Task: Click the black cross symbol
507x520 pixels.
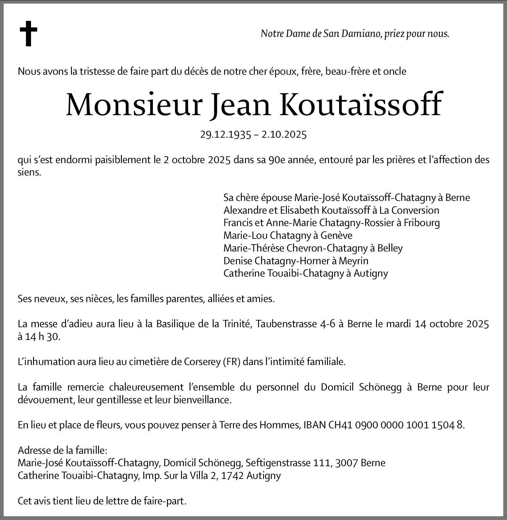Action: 28,34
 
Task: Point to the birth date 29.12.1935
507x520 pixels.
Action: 225,135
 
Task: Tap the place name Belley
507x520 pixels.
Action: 390,248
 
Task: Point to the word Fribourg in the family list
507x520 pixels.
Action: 422,223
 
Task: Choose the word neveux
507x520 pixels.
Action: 52,299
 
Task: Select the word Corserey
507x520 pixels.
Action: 203,362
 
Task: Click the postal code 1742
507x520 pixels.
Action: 232,476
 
